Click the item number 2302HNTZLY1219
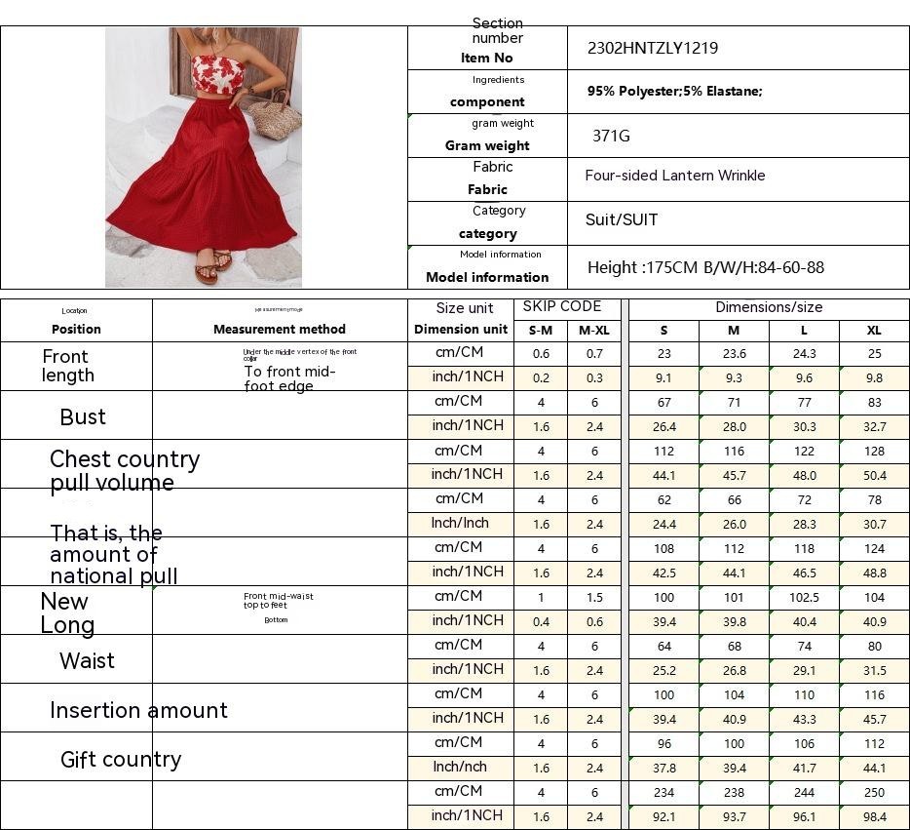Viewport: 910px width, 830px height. pos(653,48)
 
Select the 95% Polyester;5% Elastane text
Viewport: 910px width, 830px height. pos(674,92)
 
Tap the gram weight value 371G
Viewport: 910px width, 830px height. pos(611,136)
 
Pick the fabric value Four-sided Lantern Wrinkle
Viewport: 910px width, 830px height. pos(674,176)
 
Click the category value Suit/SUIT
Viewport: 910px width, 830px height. pos(621,219)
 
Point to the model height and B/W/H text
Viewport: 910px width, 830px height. pos(705,267)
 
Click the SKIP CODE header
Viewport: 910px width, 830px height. pos(562,306)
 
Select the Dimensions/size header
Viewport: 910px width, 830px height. pos(769,307)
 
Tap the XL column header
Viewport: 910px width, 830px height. pos(874,330)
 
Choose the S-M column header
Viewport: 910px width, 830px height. pos(540,330)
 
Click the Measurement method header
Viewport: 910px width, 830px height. pos(280,330)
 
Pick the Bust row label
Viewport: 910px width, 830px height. pos(83,417)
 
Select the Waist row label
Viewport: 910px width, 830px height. pos(87,661)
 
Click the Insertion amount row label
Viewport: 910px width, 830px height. pos(138,710)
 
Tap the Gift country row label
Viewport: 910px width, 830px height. pos(121,760)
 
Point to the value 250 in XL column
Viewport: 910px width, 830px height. pos(874,793)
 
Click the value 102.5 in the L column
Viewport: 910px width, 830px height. pos(804,598)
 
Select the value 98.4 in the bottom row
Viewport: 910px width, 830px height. pos(874,816)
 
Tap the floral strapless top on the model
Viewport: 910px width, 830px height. pos(216,73)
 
